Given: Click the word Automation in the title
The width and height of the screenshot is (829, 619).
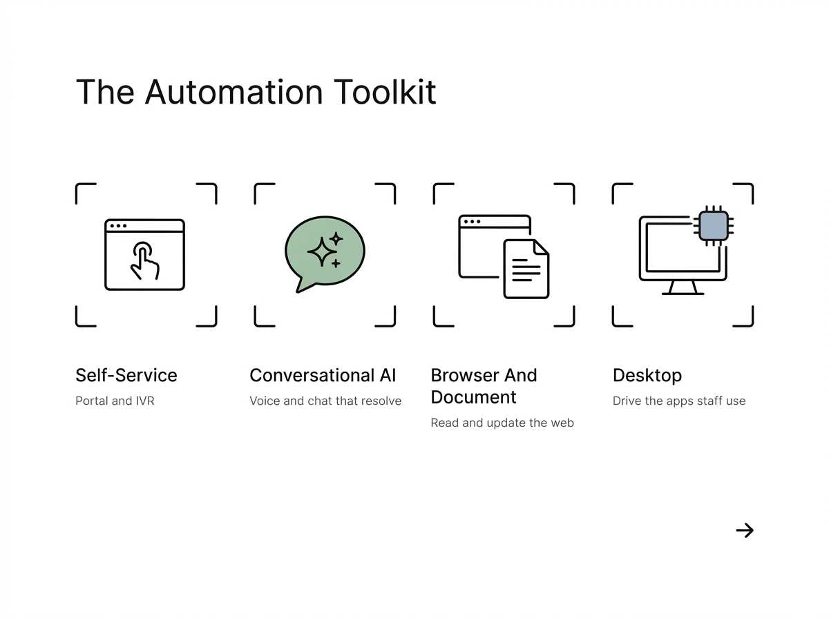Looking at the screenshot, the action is tap(234, 92).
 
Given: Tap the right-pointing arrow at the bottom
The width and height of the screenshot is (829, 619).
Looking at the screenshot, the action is tap(745, 531).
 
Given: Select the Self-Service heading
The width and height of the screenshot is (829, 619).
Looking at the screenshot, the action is tap(126, 375).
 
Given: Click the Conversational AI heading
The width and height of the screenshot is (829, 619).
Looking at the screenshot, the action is tap(323, 375).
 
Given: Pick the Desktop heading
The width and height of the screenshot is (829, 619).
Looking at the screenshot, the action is tap(647, 376).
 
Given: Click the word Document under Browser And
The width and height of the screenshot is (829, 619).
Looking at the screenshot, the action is tap(473, 397).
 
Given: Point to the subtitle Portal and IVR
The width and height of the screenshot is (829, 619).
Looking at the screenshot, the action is tap(115, 401).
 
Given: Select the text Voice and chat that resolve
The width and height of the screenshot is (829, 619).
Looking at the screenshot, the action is tap(325, 401).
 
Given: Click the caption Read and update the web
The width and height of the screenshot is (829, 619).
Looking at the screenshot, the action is tap(502, 423).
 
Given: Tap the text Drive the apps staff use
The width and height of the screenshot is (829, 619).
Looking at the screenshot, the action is tap(678, 401).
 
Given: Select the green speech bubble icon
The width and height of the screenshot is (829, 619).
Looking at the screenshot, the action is tap(325, 254).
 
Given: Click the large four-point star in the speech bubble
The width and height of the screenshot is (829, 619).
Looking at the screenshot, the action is tap(322, 252).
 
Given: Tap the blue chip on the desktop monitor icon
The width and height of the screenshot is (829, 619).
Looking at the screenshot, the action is tap(714, 226).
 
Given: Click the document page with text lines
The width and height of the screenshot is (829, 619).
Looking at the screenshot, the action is tap(526, 269).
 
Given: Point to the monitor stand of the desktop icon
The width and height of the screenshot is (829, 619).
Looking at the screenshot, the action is tap(683, 288).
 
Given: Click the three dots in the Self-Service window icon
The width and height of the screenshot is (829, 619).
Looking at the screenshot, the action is tap(118, 226).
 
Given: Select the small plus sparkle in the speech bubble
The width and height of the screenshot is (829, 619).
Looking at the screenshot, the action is tap(336, 264).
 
